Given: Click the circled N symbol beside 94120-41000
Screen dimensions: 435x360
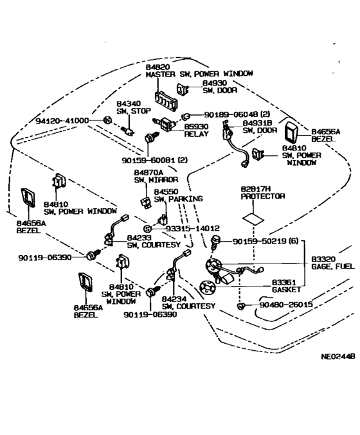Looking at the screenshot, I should click(107, 120).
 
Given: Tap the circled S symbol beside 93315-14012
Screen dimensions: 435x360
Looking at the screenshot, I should click(147, 228).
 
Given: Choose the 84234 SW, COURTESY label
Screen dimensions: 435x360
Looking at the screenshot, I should click(188, 303).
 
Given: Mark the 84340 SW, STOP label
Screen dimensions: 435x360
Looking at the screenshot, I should click(130, 107).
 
